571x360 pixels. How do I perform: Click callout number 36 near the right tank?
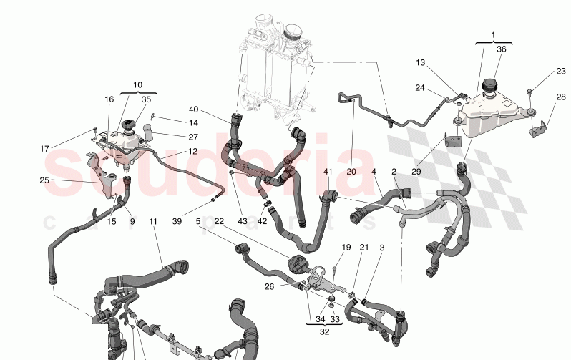(x=501, y=49)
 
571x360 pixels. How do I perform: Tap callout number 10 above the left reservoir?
(x=137, y=84)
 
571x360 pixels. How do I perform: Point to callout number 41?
(x=328, y=172)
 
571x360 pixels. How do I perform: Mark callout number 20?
(x=351, y=172)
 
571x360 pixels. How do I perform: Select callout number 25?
(x=44, y=180)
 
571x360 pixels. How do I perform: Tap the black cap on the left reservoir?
(x=130, y=126)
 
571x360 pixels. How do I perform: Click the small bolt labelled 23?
(x=530, y=90)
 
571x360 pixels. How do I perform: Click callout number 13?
(x=421, y=64)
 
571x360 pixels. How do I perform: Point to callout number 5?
(x=198, y=222)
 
